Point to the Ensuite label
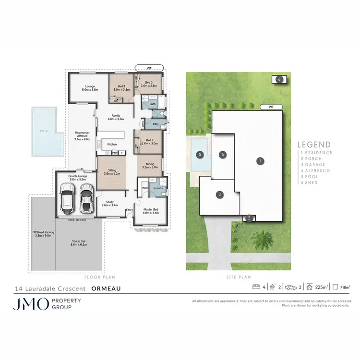pos(158,188)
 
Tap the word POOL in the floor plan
pos(45,130)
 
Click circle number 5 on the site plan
pos(200,155)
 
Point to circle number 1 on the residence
pos(260,161)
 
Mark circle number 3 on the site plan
pos(219,194)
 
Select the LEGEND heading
pos(314,144)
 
